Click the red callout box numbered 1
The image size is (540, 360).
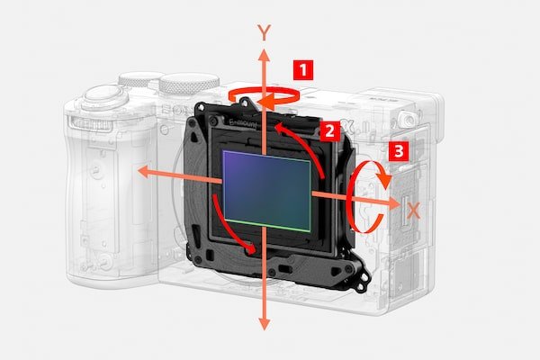pyautogui.click(x=303, y=70)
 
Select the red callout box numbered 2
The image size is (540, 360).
pyautogui.click(x=329, y=130)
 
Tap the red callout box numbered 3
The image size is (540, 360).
pyautogui.click(x=399, y=151)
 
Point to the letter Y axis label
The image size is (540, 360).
pyautogui.click(x=264, y=32)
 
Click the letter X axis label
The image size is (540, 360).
pyautogui.click(x=414, y=211)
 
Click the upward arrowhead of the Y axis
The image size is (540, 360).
pyautogui.click(x=264, y=55)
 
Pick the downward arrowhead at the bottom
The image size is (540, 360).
pyautogui.click(x=264, y=325)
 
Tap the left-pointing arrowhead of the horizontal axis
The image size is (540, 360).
pyautogui.click(x=143, y=171)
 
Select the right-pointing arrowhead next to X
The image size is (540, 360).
pyautogui.click(x=394, y=204)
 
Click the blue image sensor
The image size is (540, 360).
pyautogui.click(x=267, y=191)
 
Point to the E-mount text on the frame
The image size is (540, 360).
pyautogui.click(x=243, y=123)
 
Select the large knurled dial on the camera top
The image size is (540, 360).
pyautogui.click(x=189, y=84)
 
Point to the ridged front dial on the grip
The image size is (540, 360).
pyautogui.click(x=90, y=124)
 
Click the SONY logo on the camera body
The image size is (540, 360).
pyautogui.click(x=176, y=110)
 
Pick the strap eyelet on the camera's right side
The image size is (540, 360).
pyautogui.click(x=408, y=119)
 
